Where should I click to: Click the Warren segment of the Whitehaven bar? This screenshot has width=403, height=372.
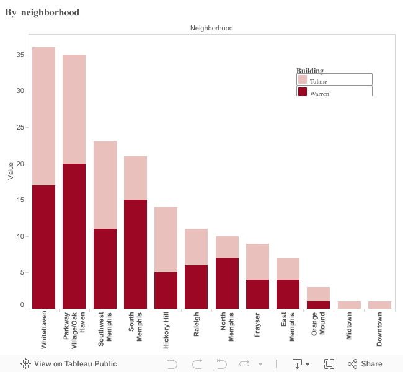[x=43, y=247]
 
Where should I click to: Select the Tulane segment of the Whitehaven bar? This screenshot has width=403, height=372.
[x=43, y=116]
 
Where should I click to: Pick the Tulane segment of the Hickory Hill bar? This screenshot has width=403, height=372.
[x=166, y=239]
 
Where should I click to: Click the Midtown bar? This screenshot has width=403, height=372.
[x=349, y=305]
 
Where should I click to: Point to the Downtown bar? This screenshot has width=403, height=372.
[x=379, y=305]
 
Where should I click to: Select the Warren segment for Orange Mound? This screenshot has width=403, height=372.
[x=319, y=305]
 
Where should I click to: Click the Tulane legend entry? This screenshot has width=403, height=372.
[x=334, y=80]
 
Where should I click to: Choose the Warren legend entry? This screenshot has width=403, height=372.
[x=334, y=92]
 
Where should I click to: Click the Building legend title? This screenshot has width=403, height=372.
[x=310, y=71]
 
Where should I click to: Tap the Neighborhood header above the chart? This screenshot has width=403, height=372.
[x=211, y=28]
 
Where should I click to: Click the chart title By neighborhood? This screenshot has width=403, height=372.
[x=42, y=12]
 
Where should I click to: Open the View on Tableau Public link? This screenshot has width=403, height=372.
[x=69, y=364]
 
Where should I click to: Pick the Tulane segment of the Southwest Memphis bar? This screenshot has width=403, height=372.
[x=105, y=185]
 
